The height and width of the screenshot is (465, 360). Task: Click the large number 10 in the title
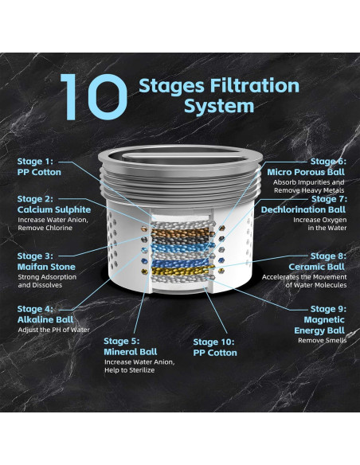tap(94, 97)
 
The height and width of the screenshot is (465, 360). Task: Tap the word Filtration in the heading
tap(255, 85)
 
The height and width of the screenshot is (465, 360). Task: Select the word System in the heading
tap(219, 107)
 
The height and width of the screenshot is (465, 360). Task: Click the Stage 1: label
tap(35, 162)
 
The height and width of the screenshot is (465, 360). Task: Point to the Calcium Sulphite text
tap(54, 209)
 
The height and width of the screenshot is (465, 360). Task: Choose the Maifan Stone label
tap(46, 267)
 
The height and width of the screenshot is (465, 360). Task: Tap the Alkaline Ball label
tap(45, 320)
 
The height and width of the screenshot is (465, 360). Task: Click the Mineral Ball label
tap(131, 352)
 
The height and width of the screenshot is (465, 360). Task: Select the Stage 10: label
tap(213, 342)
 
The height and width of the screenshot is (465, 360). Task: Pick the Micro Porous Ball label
tap(306, 172)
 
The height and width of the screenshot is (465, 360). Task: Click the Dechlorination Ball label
tap(303, 209)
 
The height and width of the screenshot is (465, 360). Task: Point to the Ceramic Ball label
tap(317, 267)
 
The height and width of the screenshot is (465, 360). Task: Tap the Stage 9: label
tap(328, 309)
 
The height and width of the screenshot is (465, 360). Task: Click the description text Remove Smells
tap(322, 341)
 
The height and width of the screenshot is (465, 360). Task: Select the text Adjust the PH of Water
tap(53, 330)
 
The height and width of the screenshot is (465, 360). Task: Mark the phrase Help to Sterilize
tap(129, 370)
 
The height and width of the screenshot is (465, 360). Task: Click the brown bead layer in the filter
tap(181, 232)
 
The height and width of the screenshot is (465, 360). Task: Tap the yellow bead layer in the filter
tap(182, 271)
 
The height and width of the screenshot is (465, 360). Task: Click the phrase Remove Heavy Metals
tap(309, 190)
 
